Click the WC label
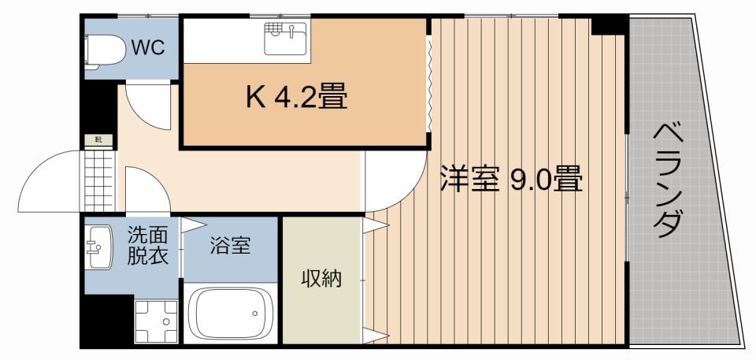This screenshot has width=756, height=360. (x=148, y=48)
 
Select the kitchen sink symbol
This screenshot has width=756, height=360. (x=284, y=37)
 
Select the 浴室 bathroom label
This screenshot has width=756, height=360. (x=230, y=246)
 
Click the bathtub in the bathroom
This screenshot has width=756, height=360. (x=230, y=314)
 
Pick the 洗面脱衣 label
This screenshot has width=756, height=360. (x=148, y=245)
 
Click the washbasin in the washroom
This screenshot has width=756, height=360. (x=99, y=247)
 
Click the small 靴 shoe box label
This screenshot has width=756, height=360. (x=99, y=140)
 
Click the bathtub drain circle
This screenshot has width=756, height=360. (x=255, y=314)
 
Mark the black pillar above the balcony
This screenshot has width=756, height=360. (x=609, y=24)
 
